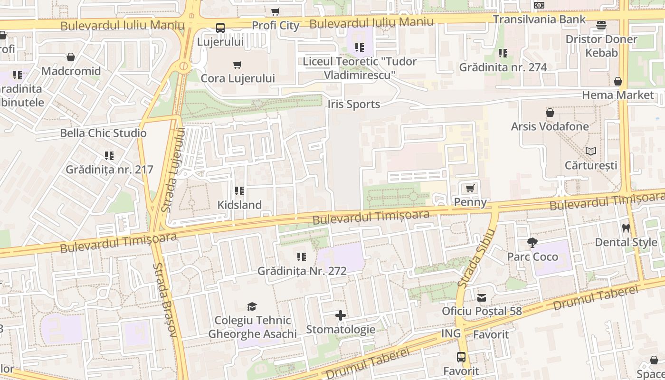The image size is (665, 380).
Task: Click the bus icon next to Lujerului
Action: tap(220, 28)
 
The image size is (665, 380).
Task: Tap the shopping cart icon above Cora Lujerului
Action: tap(237, 65)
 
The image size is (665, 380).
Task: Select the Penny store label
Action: tap(470, 202)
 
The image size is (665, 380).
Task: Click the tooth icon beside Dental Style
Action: tap(626, 228)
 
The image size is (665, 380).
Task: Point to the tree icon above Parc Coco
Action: tap(532, 243)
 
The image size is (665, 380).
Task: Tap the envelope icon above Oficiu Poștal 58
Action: tap(482, 298)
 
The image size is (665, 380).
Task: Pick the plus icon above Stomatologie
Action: tap(341, 315)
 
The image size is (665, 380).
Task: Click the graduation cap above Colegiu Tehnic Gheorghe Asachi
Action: tap(252, 306)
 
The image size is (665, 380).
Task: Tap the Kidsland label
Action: tap(239, 205)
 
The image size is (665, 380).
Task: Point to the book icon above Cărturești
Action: tap(590, 152)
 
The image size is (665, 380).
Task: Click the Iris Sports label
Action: tap(354, 104)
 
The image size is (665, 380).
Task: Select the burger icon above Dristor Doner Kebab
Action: tap(601, 25)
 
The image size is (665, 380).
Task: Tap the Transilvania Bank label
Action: tap(539, 19)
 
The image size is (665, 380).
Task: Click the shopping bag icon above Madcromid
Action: tap(71, 57)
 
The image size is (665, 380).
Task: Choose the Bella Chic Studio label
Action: tap(103, 133)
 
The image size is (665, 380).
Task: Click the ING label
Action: tap(451, 333)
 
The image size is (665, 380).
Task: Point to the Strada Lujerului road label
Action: tap(173, 170)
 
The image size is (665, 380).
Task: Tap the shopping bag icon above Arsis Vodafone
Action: tap(550, 113)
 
